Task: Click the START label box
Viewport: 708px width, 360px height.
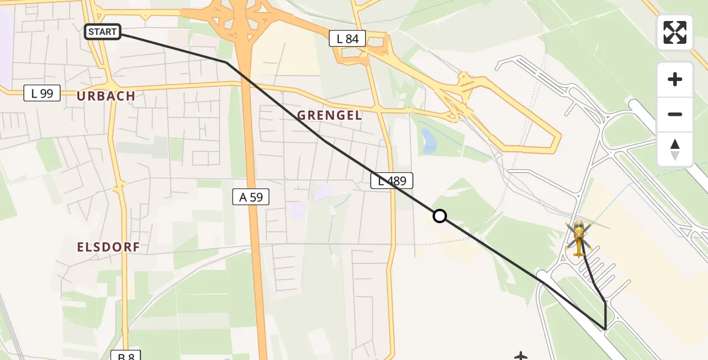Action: coord(103,32)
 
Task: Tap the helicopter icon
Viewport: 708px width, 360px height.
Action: coord(579,238)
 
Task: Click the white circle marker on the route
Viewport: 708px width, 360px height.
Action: coord(440,216)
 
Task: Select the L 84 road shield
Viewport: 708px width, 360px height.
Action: coord(347,39)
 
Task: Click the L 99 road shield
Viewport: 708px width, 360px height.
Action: coord(42,93)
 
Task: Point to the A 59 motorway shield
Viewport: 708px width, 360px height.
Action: coord(251,196)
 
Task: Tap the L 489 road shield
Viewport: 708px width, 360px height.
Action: coord(392,181)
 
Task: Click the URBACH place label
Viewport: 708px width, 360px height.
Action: coord(106,96)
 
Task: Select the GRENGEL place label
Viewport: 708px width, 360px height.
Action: coord(330,116)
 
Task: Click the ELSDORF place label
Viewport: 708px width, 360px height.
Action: coord(109,247)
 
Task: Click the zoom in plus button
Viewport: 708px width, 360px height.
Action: coord(675,79)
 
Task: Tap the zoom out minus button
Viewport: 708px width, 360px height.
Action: coord(675,114)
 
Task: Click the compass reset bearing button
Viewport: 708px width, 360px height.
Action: coord(675,149)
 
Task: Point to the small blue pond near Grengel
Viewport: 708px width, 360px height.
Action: coord(428,142)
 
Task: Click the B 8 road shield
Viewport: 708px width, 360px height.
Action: coord(126,355)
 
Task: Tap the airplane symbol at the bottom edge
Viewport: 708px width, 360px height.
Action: coord(520,356)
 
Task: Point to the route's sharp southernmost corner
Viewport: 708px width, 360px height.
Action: coord(605,329)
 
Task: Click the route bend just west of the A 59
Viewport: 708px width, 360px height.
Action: coord(226,62)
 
